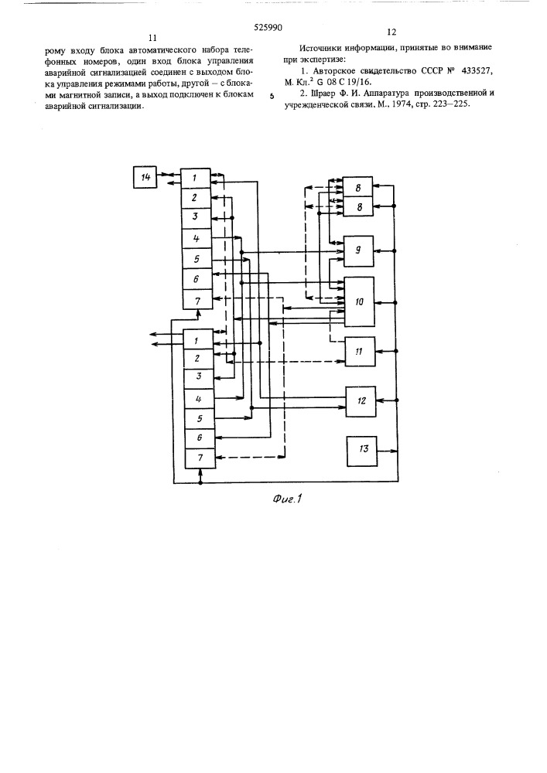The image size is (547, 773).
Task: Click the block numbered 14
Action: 145,178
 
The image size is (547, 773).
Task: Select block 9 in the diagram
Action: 358,251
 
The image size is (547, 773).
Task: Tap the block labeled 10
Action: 359,301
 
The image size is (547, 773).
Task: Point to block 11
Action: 360,352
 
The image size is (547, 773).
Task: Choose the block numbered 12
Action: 361,401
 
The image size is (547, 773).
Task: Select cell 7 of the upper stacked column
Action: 197,300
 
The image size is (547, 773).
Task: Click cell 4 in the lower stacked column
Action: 200,399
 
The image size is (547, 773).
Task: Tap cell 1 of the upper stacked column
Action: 195,178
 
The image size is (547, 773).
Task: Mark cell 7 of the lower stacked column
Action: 200,458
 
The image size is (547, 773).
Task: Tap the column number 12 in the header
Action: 391,32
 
